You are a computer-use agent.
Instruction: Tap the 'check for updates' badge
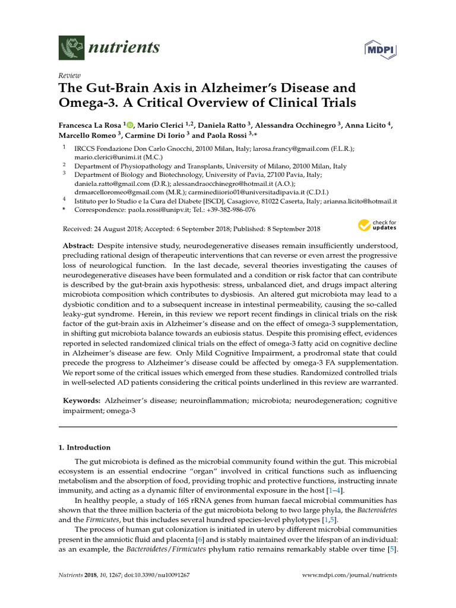376,226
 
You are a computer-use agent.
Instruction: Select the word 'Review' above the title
69,76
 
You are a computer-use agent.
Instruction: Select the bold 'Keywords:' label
81,401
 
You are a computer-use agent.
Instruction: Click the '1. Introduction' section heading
88,447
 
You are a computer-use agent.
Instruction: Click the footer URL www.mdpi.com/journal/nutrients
350,575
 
